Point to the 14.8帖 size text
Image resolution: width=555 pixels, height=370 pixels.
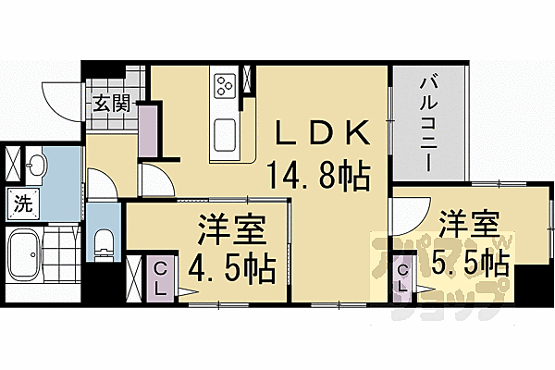[x=318, y=173]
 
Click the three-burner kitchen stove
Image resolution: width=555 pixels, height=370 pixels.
[x=225, y=86]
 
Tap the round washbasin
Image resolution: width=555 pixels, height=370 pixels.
[x=37, y=166]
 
